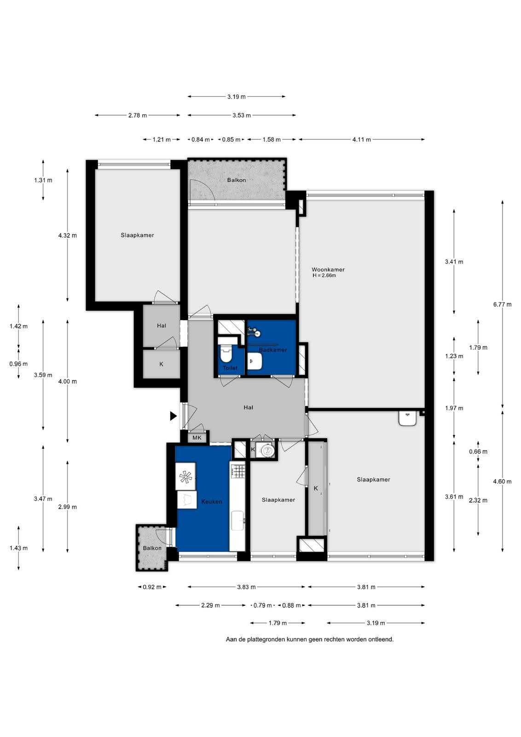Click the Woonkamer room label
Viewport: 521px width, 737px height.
click(328, 269)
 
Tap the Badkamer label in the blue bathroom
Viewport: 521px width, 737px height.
click(273, 350)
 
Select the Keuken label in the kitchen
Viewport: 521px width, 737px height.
click(212, 502)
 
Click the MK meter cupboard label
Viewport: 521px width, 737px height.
click(197, 438)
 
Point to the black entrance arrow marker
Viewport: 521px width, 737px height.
click(173, 416)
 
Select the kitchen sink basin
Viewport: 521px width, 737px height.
click(237, 521)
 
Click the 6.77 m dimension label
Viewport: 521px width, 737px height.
click(502, 304)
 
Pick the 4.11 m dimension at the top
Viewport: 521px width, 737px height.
click(362, 140)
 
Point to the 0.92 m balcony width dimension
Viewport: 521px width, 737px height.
click(152, 587)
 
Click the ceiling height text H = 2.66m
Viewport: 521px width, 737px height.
click(324, 275)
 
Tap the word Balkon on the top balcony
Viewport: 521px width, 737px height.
click(237, 180)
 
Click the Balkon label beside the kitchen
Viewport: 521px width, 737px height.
click(152, 548)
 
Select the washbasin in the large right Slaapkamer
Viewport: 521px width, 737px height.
click(408, 419)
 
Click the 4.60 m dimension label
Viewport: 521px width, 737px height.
click(502, 481)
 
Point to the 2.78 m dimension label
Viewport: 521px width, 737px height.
click(138, 116)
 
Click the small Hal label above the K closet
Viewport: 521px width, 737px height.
click(162, 326)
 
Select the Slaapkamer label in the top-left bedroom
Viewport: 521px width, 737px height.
click(138, 235)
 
